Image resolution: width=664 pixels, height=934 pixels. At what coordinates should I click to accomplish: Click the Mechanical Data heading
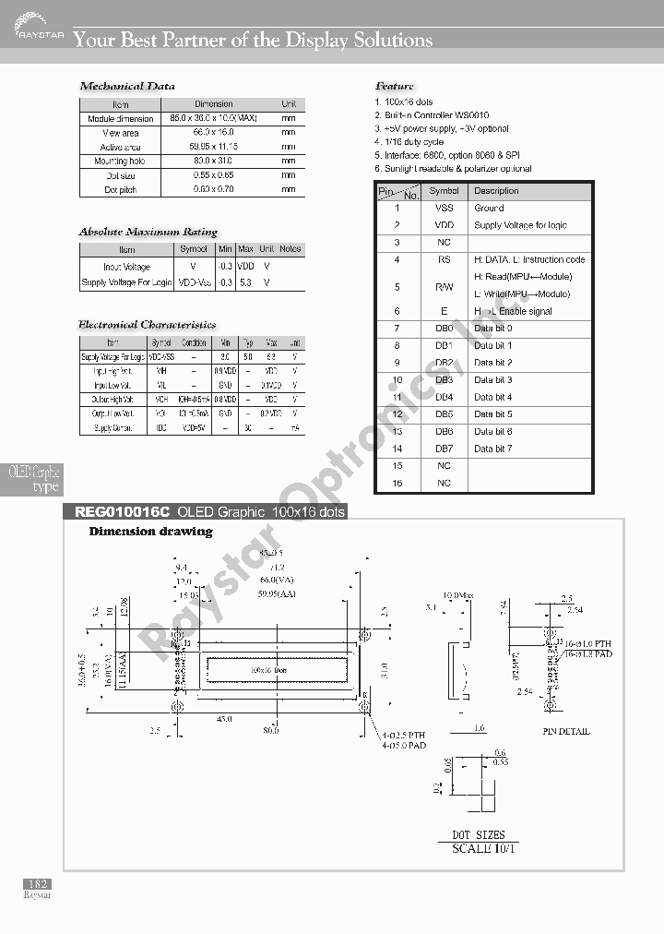tap(127, 87)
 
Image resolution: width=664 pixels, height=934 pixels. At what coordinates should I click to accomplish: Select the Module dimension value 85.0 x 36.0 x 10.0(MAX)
tap(214, 119)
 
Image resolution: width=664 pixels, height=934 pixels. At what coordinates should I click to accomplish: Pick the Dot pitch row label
tap(121, 189)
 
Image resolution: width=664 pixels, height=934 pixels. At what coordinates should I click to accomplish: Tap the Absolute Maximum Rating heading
tap(148, 232)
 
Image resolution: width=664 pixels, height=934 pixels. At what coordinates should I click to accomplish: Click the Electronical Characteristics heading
tap(148, 325)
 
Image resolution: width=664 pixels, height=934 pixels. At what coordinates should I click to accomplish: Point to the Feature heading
tap(395, 87)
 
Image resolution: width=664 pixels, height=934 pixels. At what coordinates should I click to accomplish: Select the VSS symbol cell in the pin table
tap(444, 209)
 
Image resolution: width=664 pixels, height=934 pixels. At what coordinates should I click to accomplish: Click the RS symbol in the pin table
tap(444, 260)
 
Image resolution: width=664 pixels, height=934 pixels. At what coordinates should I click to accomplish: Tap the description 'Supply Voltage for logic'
tap(520, 225)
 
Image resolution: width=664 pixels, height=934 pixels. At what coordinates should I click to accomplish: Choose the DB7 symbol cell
tap(444, 449)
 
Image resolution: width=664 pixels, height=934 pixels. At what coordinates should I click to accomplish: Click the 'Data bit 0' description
tap(492, 329)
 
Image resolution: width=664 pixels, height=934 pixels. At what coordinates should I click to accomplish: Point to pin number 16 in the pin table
tap(397, 483)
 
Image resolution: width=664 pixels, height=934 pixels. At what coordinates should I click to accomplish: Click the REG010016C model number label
tap(116, 512)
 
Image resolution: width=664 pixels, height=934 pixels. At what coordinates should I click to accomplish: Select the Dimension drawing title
tap(150, 532)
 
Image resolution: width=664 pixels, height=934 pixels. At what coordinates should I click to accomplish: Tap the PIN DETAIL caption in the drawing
tap(566, 731)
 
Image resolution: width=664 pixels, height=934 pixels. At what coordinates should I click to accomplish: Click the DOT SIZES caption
tap(478, 835)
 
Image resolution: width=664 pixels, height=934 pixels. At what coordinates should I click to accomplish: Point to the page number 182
tap(38, 884)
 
